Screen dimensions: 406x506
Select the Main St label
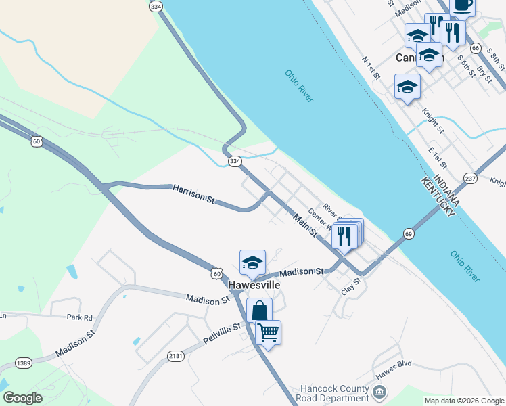(x=305, y=225)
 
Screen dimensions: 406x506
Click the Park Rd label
(x=79, y=317)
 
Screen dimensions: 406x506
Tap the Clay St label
(x=350, y=286)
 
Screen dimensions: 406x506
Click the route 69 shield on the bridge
(x=408, y=233)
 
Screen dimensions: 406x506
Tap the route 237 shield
(x=470, y=178)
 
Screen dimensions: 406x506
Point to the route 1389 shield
(x=24, y=363)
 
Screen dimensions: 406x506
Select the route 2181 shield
(x=176, y=356)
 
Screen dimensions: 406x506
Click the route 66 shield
(x=476, y=48)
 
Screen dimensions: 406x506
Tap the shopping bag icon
(x=259, y=311)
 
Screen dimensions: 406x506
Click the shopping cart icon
(x=268, y=332)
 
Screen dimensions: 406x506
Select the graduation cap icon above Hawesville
(x=252, y=263)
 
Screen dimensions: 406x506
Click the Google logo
(x=22, y=398)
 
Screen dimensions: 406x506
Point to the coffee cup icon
(x=462, y=5)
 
